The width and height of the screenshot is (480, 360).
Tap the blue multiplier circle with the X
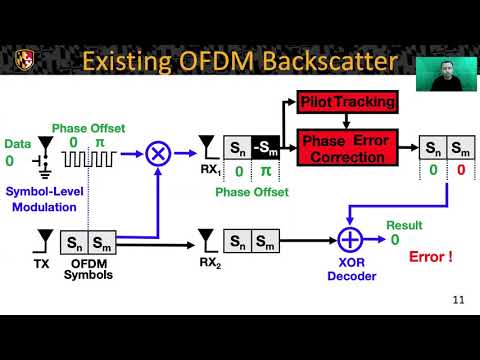coord(157,153)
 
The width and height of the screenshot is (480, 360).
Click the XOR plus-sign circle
coord(349,241)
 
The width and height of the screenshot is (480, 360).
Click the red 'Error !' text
coord(431,257)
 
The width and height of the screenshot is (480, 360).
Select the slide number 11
coord(459,299)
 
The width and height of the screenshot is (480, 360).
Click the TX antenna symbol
coord(45,240)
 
